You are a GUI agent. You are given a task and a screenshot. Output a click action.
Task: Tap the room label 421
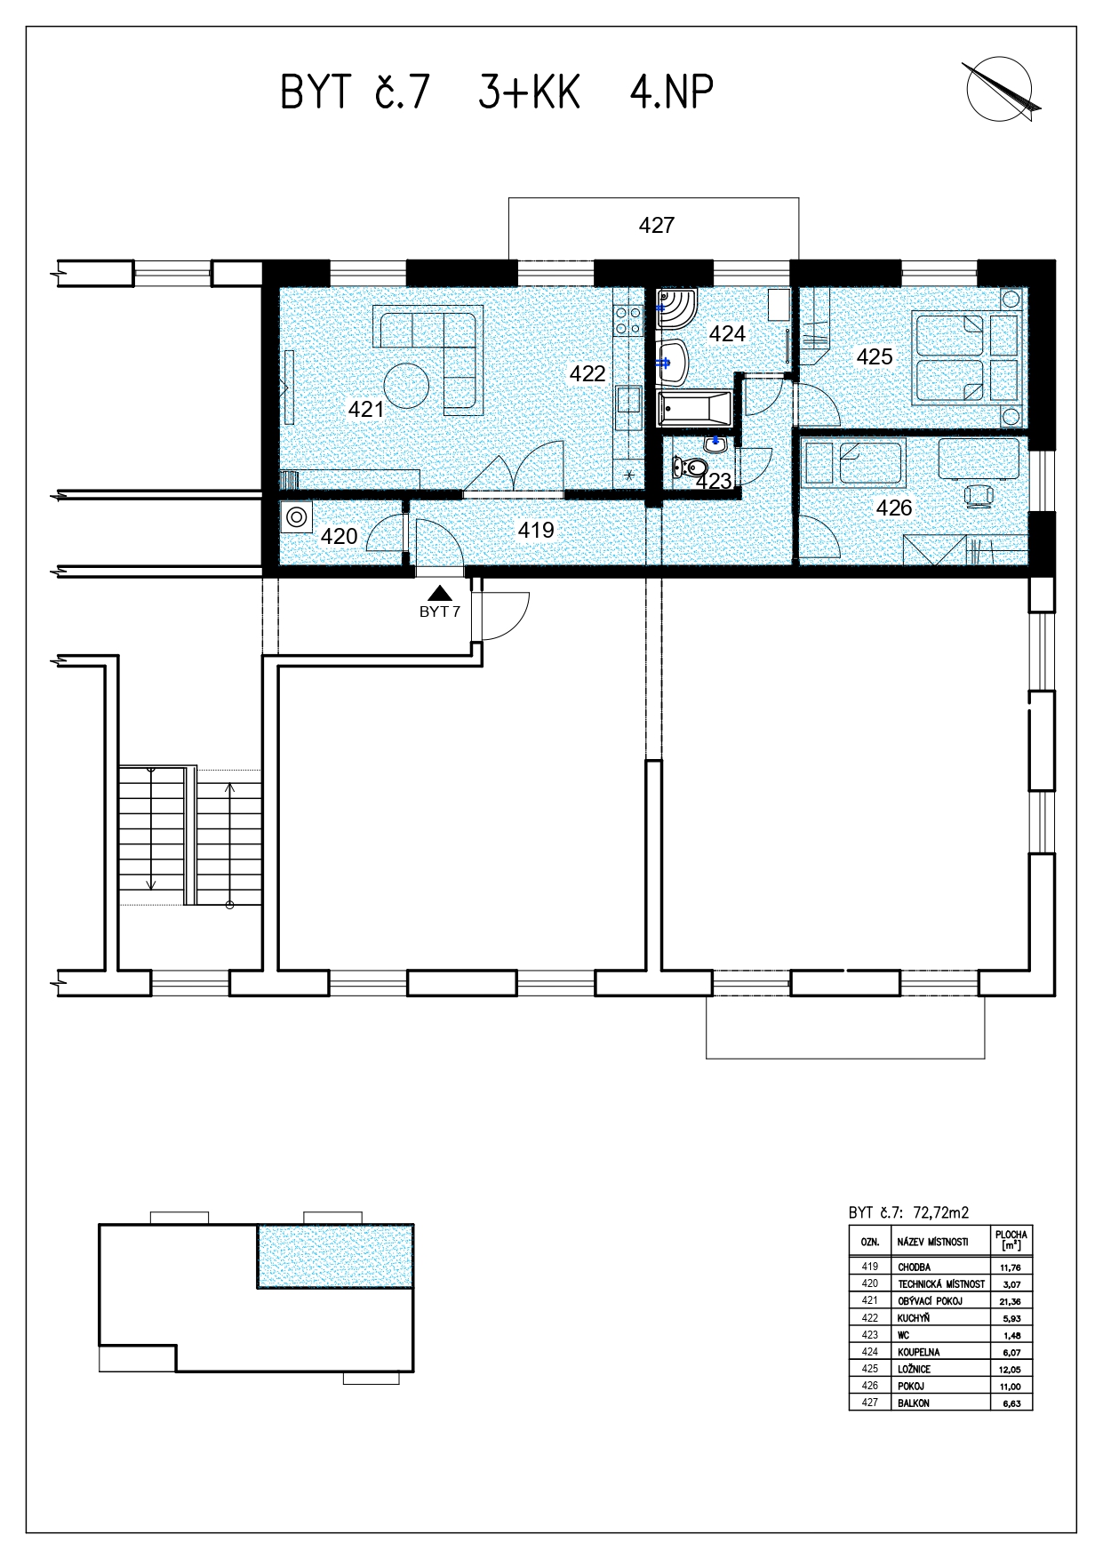(x=366, y=410)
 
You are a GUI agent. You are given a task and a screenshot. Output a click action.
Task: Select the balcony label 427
(x=657, y=226)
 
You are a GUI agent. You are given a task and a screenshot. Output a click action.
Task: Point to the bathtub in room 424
(x=694, y=411)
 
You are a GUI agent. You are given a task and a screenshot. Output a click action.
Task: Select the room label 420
(x=339, y=537)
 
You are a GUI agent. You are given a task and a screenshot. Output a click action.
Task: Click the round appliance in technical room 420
(x=296, y=517)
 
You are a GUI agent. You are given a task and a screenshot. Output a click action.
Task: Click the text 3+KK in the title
(x=530, y=92)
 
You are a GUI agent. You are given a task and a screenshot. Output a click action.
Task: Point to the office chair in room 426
(x=979, y=496)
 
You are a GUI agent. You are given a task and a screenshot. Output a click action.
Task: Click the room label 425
(x=875, y=357)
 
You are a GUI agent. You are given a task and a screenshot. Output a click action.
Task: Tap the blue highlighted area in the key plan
(x=335, y=1256)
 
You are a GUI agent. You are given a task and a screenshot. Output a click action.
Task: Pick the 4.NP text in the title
(x=672, y=92)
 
